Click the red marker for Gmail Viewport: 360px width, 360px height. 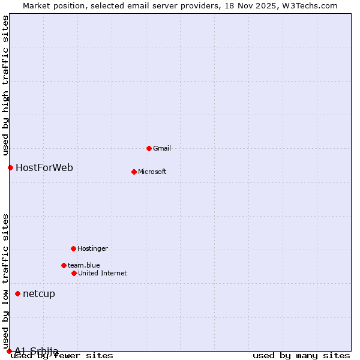[x=149, y=148]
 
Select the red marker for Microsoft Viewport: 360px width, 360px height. [x=134, y=172]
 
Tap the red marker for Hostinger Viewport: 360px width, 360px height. [x=73, y=248]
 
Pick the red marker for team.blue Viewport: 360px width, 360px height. [x=64, y=265]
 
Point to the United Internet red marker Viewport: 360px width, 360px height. [x=74, y=273]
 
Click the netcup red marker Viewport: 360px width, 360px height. [x=18, y=293]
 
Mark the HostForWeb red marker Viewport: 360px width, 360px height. [x=10, y=167]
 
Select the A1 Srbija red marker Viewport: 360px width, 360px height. [x=9, y=351]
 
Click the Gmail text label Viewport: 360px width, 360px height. [x=162, y=148]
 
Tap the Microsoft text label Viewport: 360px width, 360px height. [x=152, y=172]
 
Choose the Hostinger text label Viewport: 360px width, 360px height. [x=92, y=248]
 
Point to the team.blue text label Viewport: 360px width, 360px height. [x=84, y=265]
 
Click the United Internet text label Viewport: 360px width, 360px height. [x=103, y=273]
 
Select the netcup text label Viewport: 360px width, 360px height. [x=39, y=293]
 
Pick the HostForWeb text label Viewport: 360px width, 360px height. [x=44, y=167]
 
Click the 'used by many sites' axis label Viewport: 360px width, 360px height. [x=301, y=356]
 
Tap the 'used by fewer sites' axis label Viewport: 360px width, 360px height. [x=62, y=356]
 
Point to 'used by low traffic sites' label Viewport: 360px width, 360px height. [x=6, y=280]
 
